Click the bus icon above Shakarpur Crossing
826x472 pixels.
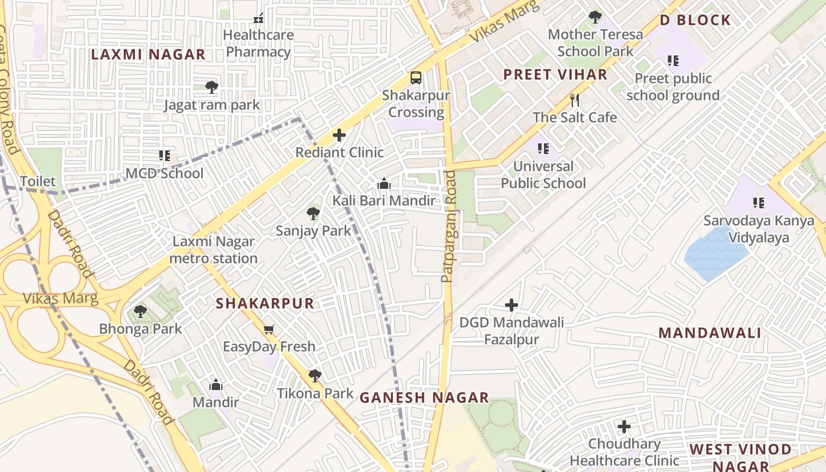[416, 77]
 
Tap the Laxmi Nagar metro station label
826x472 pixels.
[214, 250]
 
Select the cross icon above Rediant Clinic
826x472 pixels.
[339, 135]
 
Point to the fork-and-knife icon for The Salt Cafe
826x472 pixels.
[575, 100]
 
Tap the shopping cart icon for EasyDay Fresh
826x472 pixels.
[269, 329]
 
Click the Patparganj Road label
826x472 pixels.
[450, 226]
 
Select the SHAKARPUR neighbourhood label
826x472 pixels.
[265, 303]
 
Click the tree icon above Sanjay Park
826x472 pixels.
[313, 214]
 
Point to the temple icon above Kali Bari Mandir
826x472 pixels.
[384, 183]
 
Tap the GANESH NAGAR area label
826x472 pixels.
[424, 398]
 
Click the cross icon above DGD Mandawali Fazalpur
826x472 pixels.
[512, 305]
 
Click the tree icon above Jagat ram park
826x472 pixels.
[211, 88]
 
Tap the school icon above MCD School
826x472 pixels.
[165, 156]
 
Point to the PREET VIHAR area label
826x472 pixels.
[555, 74]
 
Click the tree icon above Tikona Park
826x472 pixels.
[315, 375]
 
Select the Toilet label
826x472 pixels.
[38, 181]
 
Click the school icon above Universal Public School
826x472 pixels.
[543, 149]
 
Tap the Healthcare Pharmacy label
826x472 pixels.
[258, 44]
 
